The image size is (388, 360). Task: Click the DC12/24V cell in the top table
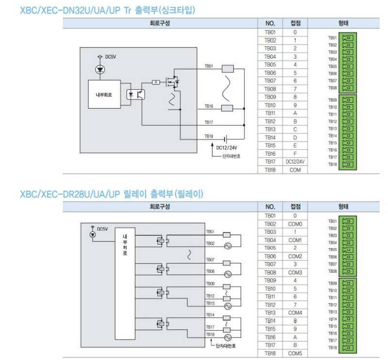pos(295,162)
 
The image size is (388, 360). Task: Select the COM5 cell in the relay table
pos(295,354)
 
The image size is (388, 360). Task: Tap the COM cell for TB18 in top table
pos(295,170)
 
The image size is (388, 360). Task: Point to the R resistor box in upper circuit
pos(156,82)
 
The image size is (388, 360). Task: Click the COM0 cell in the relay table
pos(295,224)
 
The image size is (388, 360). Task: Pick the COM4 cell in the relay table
pos(295,313)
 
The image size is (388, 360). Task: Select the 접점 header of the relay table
pos(295,207)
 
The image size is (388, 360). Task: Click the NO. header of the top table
pos(270,23)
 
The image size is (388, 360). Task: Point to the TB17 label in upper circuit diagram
pos(209,122)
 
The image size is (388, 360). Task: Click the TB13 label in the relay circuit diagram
pos(210,303)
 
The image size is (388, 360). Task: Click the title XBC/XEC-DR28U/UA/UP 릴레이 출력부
pos(111,195)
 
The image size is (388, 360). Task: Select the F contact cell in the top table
pos(295,154)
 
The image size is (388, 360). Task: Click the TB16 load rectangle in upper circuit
pos(227,108)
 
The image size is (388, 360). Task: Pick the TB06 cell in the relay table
pos(270,256)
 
